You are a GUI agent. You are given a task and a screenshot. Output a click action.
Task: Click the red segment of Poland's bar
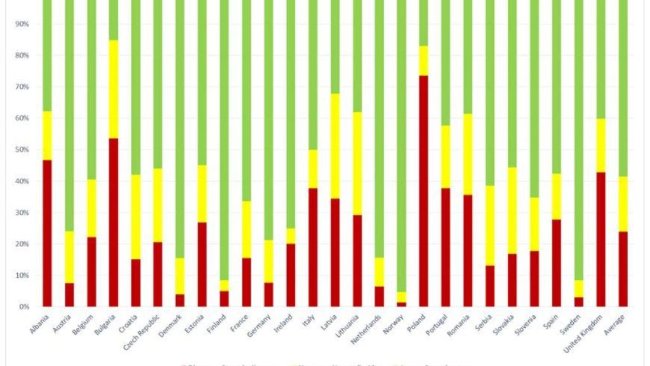[x=423, y=191]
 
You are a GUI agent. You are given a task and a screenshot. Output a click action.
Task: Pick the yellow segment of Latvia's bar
[x=335, y=146]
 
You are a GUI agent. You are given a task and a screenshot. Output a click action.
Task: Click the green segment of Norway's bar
[x=401, y=146]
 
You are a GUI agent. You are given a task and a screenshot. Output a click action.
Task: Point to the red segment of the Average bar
[x=623, y=269]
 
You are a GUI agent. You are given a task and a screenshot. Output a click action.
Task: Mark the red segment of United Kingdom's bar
[x=600, y=239]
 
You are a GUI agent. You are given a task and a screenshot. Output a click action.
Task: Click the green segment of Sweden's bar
[x=578, y=140]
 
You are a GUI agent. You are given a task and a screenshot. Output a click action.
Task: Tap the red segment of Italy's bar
[x=313, y=247]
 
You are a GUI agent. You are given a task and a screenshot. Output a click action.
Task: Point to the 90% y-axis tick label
[x=22, y=24]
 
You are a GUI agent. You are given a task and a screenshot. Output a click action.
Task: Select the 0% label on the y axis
[x=24, y=307]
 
